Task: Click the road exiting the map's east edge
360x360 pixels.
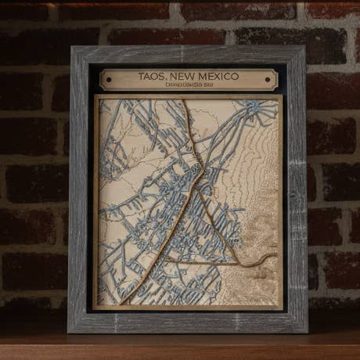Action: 275,257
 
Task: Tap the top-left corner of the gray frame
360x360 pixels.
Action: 73,49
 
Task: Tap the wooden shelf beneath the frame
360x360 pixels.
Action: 180,347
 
